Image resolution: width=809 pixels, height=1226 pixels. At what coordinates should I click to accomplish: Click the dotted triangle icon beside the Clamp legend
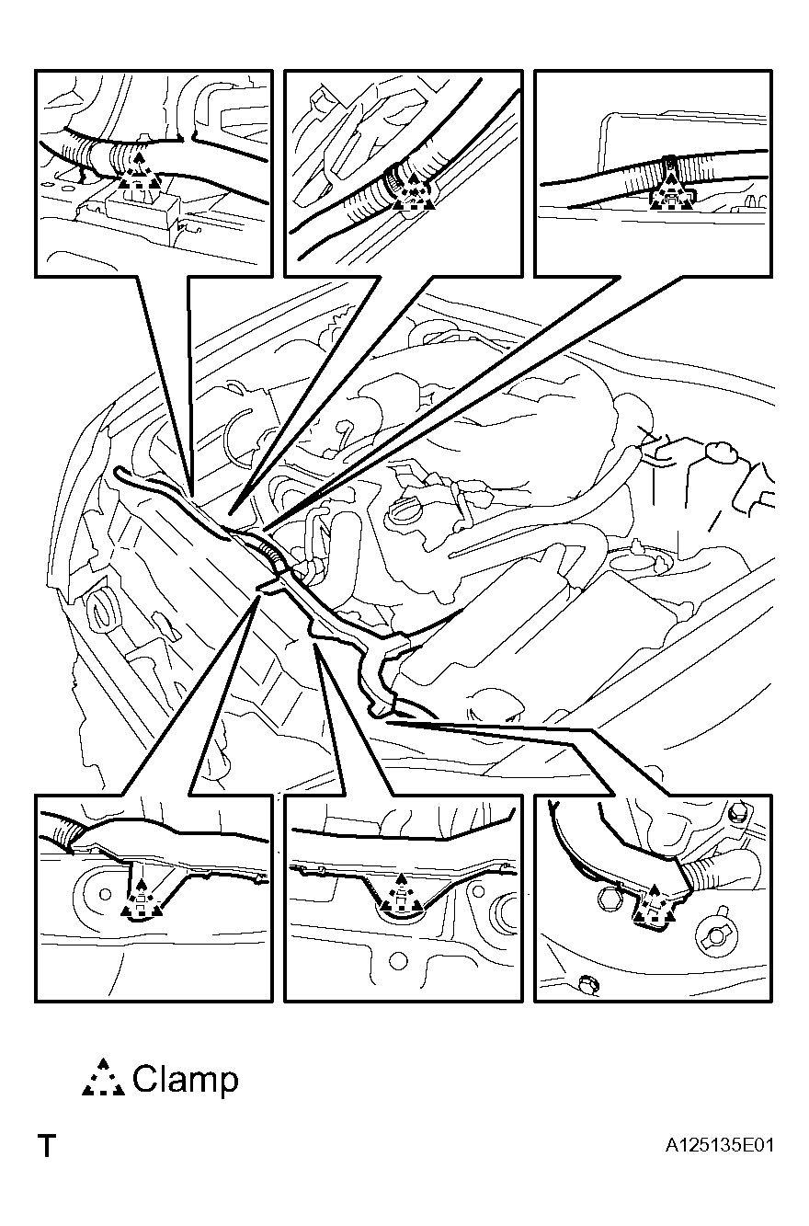tap(103, 1078)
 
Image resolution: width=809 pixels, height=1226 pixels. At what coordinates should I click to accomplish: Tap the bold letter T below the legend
tap(48, 1146)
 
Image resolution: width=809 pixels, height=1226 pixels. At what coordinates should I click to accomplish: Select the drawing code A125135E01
tap(719, 1145)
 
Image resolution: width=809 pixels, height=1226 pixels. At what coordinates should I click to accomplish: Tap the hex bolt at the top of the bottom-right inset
tap(739, 814)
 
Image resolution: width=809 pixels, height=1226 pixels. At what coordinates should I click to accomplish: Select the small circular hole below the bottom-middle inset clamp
tap(398, 959)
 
